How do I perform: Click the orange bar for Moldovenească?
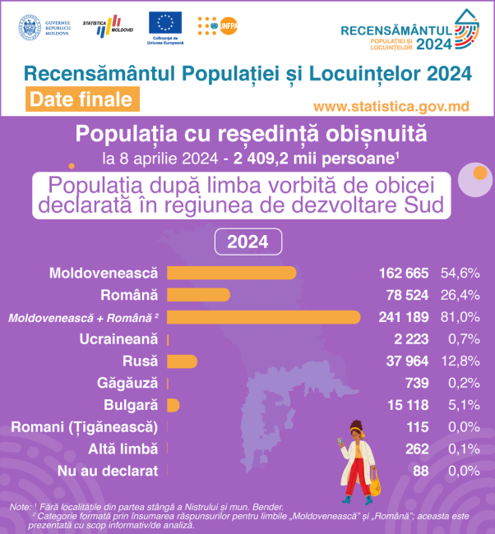(x=231, y=273)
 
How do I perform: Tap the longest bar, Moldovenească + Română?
(x=263, y=317)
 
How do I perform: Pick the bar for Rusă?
(x=182, y=361)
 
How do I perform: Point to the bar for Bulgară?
(x=173, y=405)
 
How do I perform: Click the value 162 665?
(x=404, y=273)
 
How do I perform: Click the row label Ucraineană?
(x=118, y=339)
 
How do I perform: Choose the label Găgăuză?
(x=127, y=384)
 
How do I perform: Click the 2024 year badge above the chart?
(x=247, y=242)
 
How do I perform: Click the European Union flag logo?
(x=166, y=24)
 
